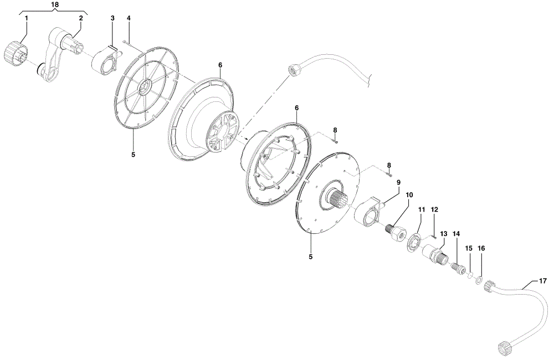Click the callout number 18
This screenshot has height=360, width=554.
tap(55, 4)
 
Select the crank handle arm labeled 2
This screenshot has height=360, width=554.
tap(62, 54)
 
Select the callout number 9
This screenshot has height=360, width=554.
tap(398, 182)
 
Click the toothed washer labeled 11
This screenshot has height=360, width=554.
tap(413, 243)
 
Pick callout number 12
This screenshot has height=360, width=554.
tap(434, 209)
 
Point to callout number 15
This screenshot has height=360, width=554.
tap(469, 248)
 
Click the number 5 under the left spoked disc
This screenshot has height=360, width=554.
tap(133, 155)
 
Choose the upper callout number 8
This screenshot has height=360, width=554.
tap(335, 131)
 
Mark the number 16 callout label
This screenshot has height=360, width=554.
tap(481, 248)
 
